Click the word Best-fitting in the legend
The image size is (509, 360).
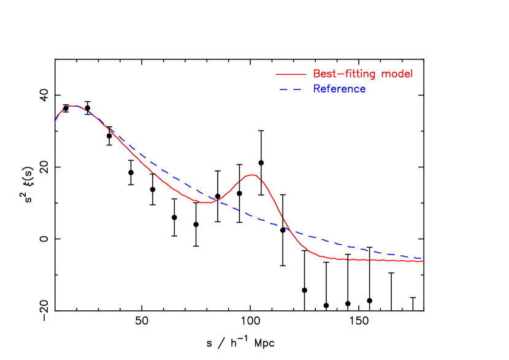coord(345,74)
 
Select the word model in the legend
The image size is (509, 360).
coord(397,74)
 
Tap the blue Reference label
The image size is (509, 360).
coord(339,89)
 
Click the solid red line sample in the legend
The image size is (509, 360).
coord(290,74)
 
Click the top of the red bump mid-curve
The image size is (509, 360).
coord(252,175)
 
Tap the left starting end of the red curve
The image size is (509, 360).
coord(55,121)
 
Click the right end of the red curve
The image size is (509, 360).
coord(423,261)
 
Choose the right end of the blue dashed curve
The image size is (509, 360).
coord(423,258)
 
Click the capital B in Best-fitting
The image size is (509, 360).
coord(316,74)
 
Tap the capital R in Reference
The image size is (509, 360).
coord(316,89)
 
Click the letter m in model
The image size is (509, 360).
coord(385,74)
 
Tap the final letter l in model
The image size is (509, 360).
coord(411,74)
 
